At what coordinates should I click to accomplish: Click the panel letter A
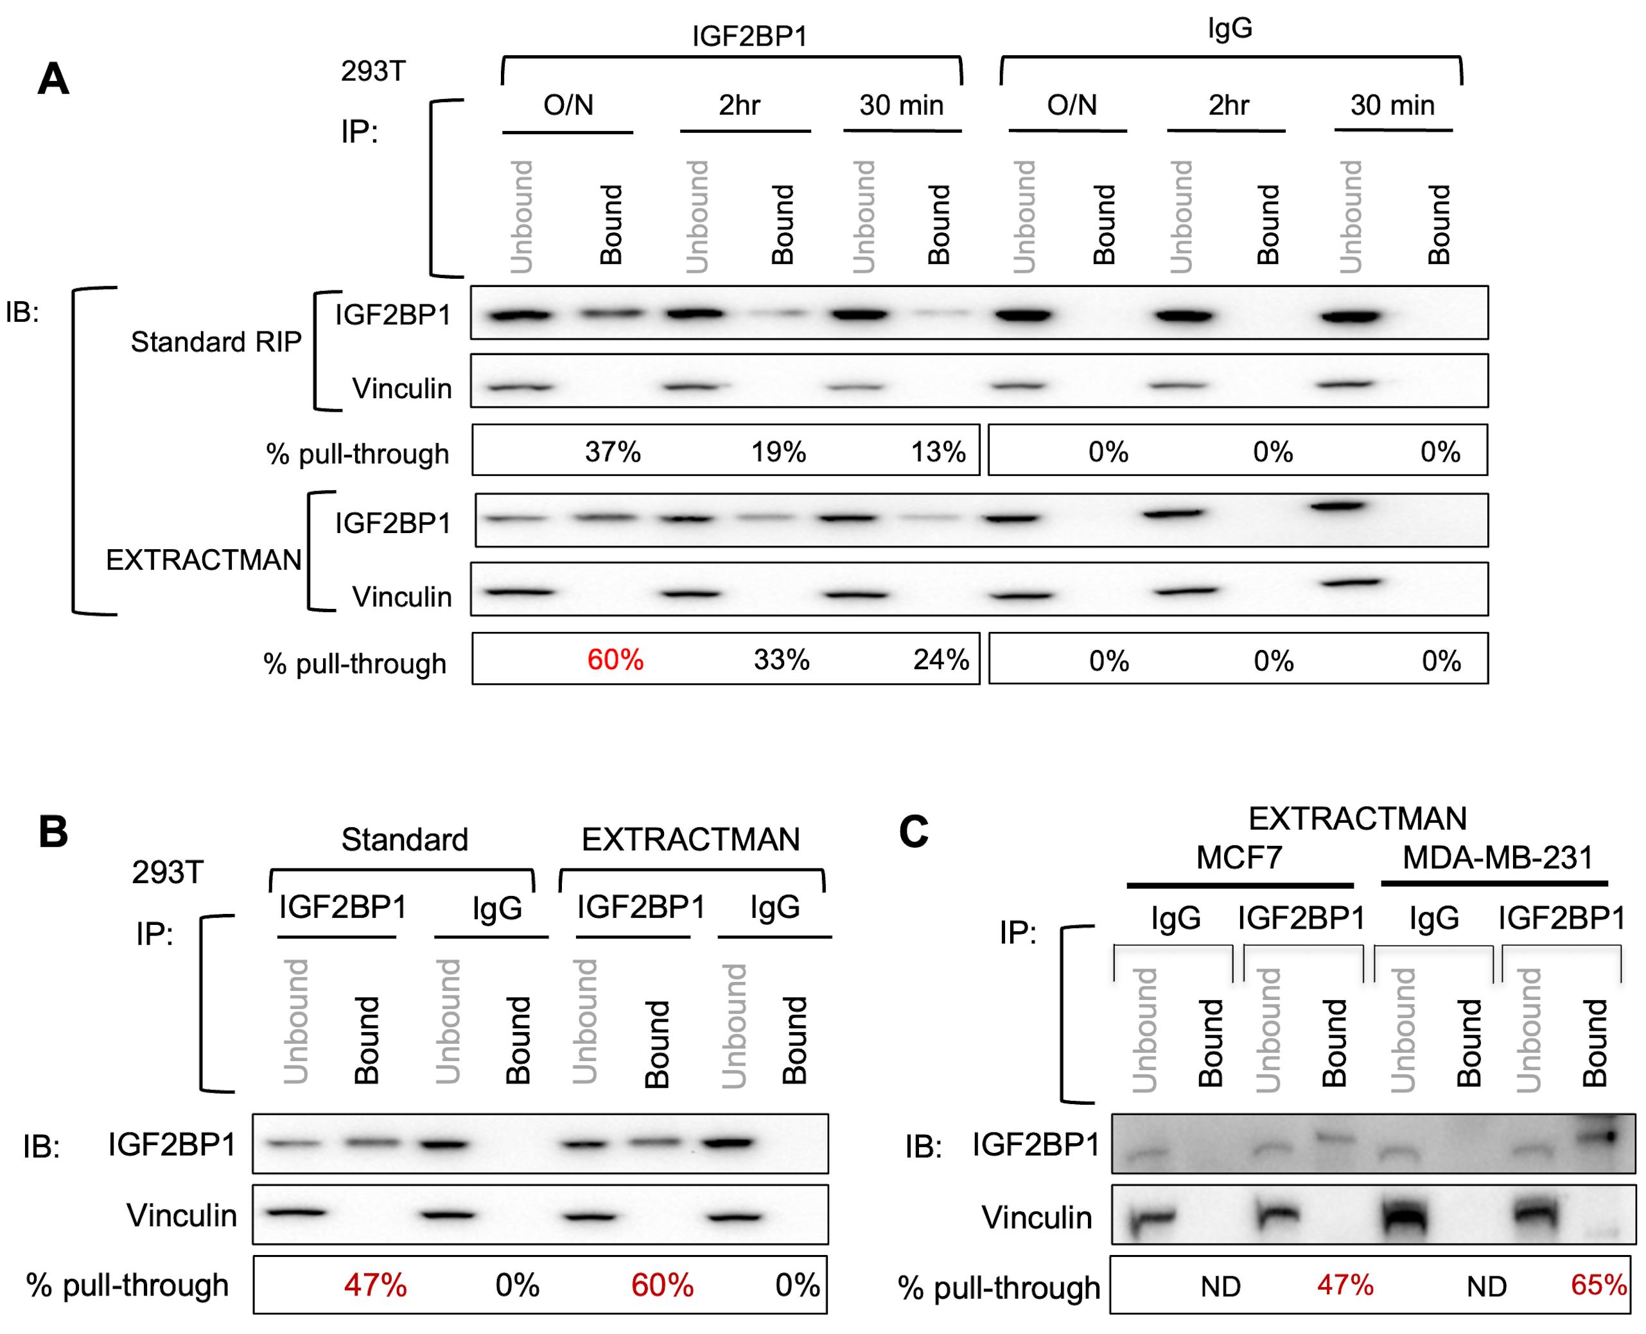(54, 78)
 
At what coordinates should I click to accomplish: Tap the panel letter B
(54, 832)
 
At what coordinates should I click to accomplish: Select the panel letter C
(914, 832)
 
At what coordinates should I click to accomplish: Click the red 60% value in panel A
(615, 660)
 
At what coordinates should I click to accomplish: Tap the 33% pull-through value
(782, 660)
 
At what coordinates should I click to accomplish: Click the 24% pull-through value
(941, 660)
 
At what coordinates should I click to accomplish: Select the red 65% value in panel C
(1598, 1285)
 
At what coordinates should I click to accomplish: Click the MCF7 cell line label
(1239, 857)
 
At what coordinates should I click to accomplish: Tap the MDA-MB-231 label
(1498, 857)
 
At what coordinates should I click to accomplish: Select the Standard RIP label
(216, 341)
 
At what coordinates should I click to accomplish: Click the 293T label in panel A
(374, 71)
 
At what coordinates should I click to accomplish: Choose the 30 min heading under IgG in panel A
(1392, 105)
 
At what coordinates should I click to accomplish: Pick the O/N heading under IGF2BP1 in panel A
(568, 105)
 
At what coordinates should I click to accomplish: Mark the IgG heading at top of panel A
(1230, 29)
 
